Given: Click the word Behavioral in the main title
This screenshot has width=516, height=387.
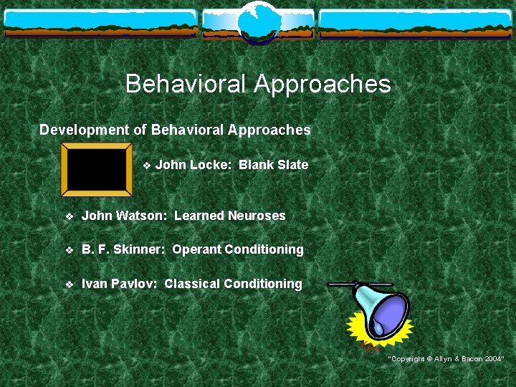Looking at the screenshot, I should click(186, 85).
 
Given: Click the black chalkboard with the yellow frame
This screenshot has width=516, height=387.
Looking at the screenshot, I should click(96, 168).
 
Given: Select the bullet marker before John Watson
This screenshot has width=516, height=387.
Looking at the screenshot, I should click(69, 216).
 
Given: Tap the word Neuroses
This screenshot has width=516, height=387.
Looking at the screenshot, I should click(257, 216).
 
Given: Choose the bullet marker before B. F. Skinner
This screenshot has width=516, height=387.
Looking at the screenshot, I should click(69, 250).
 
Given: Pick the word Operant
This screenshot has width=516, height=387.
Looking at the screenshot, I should click(197, 249).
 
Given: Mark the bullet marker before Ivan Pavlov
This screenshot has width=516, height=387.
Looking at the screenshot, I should click(69, 285).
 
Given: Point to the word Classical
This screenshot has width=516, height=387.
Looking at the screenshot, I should click(192, 284).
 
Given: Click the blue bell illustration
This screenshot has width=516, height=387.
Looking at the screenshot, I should click(383, 311).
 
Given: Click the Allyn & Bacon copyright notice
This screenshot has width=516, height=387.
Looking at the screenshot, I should click(446, 358).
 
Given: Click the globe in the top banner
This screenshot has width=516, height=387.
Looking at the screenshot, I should click(257, 21).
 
